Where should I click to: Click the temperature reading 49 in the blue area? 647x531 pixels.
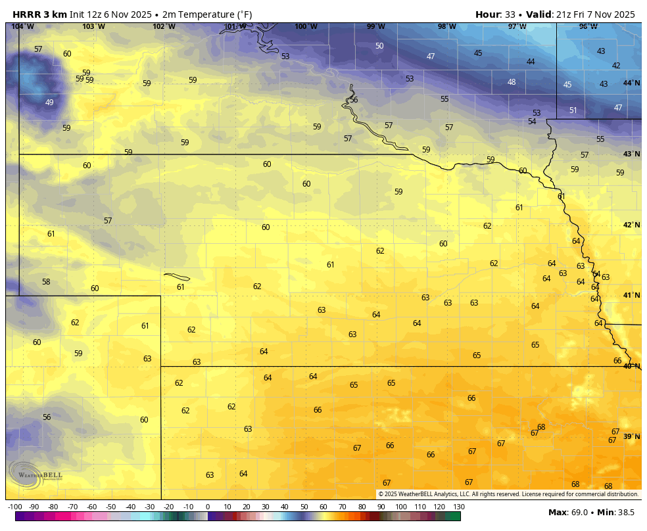point(49,103)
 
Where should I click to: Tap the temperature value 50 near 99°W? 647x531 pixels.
point(379,46)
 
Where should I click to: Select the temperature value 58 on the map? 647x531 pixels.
point(46,282)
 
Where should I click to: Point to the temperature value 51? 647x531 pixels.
point(573,110)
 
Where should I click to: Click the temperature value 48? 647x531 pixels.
point(512,82)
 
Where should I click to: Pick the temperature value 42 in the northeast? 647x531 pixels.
point(616,66)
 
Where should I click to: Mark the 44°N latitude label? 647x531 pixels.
point(631,83)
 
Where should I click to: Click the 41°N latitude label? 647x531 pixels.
point(631,296)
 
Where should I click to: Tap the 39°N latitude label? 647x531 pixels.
point(631,437)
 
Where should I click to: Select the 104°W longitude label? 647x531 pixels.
point(22,27)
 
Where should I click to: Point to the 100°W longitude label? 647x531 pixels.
point(306,27)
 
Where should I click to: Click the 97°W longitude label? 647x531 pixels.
point(517,27)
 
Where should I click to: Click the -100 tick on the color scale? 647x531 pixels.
point(14,507)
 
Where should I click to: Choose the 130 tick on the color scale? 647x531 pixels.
point(459,507)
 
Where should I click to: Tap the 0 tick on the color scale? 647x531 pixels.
point(208,507)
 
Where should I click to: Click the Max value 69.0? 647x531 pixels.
point(579,512)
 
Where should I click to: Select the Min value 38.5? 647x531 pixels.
point(625,512)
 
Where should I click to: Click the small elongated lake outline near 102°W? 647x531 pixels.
point(177,277)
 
